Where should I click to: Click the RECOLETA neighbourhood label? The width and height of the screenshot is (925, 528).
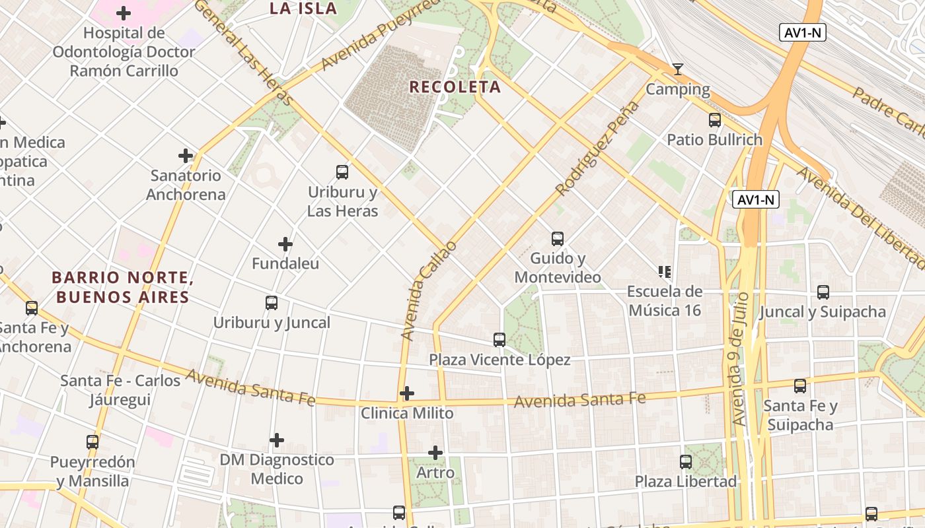[x=455, y=87]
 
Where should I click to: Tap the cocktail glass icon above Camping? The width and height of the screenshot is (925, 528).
[x=677, y=69]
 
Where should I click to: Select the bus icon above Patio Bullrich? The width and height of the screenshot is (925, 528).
[x=715, y=120]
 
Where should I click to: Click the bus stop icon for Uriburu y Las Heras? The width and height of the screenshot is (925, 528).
[x=342, y=172]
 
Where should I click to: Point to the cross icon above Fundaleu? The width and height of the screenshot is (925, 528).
[x=285, y=244]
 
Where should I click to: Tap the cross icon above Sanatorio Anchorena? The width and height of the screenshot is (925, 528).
[x=186, y=156]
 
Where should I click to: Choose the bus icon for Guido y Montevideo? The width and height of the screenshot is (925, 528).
[x=558, y=238]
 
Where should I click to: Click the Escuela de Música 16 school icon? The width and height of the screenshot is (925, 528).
[x=664, y=271]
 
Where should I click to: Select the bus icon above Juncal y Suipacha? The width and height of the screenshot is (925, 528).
[x=823, y=292]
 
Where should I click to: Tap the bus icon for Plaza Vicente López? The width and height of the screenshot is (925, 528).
[x=499, y=340]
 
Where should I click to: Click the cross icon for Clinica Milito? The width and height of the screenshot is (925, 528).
[x=407, y=394]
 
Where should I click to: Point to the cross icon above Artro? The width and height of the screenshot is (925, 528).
[x=435, y=453]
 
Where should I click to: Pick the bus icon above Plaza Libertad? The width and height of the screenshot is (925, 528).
[x=686, y=461]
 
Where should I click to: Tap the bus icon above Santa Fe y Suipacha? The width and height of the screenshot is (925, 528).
[x=800, y=386]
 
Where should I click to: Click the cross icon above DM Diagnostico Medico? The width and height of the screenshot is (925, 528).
[x=277, y=440]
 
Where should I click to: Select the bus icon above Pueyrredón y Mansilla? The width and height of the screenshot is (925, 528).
[x=92, y=442]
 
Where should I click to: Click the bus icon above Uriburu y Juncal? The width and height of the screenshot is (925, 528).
[x=272, y=303]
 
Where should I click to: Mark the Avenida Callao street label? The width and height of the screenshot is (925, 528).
[x=429, y=291]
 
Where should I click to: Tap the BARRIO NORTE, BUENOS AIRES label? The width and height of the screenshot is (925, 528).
[x=122, y=287]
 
